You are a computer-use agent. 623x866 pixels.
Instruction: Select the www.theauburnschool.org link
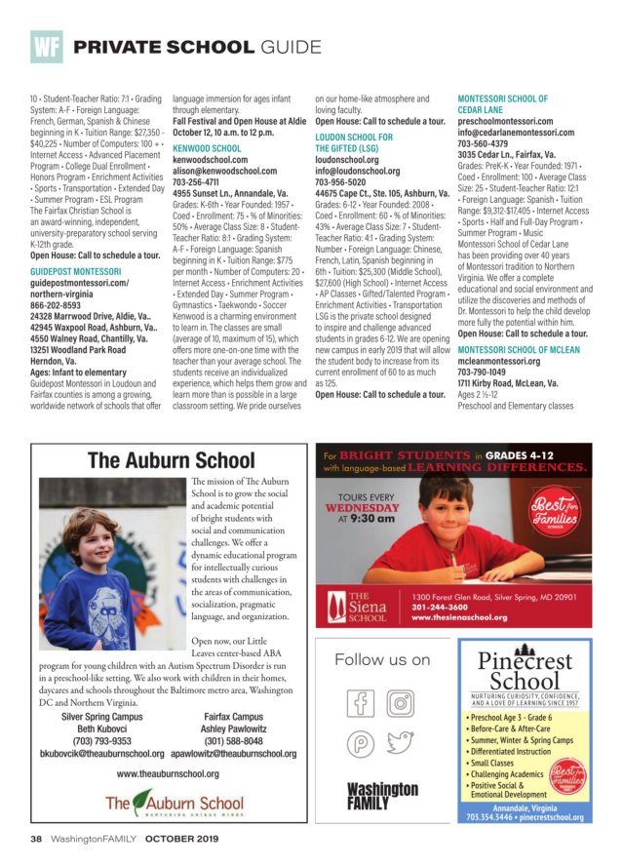[x=167, y=773]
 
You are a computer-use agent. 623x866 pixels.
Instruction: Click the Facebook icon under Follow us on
[x=361, y=701]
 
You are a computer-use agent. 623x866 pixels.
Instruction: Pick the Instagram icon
[x=401, y=701]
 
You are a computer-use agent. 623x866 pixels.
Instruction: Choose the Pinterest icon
[x=361, y=743]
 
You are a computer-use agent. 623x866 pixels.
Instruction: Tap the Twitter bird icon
[x=401, y=743]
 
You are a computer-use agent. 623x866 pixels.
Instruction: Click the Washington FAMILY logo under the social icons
[x=382, y=797]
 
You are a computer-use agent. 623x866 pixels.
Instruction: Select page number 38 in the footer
[x=35, y=838]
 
